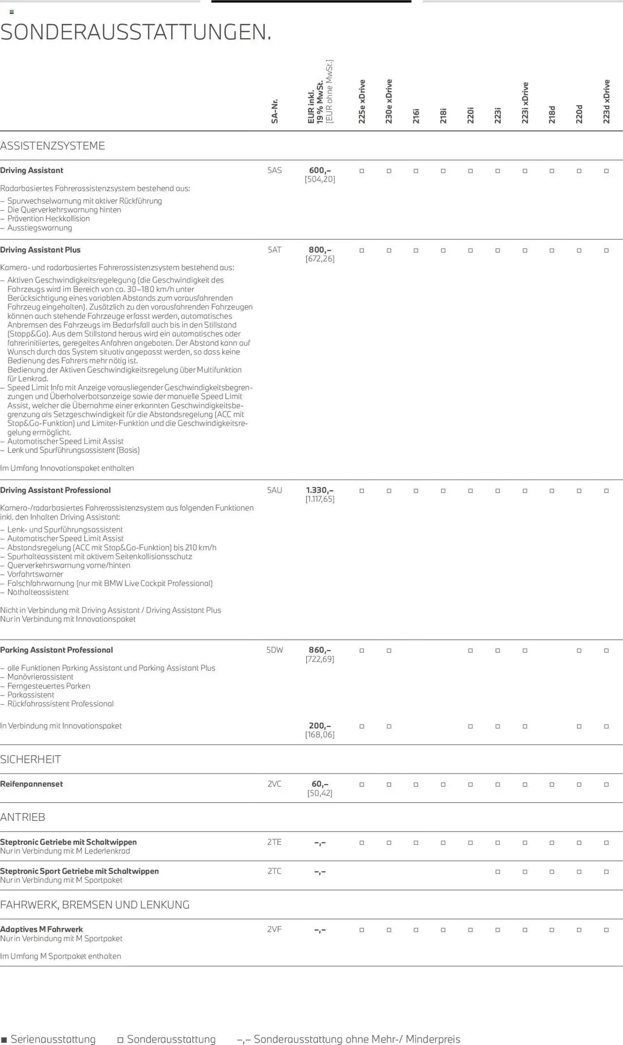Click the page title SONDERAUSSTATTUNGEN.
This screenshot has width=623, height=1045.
click(x=136, y=33)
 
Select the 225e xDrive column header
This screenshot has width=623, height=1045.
click(x=362, y=102)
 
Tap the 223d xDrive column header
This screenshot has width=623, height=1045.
click(x=606, y=102)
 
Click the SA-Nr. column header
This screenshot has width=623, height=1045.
click(x=275, y=111)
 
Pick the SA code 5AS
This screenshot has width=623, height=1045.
click(x=275, y=171)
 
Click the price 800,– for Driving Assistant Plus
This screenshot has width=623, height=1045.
click(x=320, y=250)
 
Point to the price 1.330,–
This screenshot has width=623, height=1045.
click(x=320, y=490)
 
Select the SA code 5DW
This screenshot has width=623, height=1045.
click(x=275, y=650)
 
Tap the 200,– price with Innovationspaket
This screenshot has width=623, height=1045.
click(x=320, y=726)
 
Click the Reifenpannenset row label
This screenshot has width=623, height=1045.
click(x=32, y=784)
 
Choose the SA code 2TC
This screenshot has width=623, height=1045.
click(x=275, y=871)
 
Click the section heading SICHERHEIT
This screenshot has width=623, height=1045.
click(x=31, y=760)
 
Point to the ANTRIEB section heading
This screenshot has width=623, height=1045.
click(x=23, y=817)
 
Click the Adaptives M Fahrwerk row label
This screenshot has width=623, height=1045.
click(x=41, y=929)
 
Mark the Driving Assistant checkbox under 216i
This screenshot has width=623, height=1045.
click(x=416, y=171)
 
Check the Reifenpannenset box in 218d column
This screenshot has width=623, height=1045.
click(x=552, y=785)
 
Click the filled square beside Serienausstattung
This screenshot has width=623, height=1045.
click(x=4, y=1040)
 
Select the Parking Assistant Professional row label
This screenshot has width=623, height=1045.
click(x=56, y=650)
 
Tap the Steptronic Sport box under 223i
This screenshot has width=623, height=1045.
click(x=497, y=872)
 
